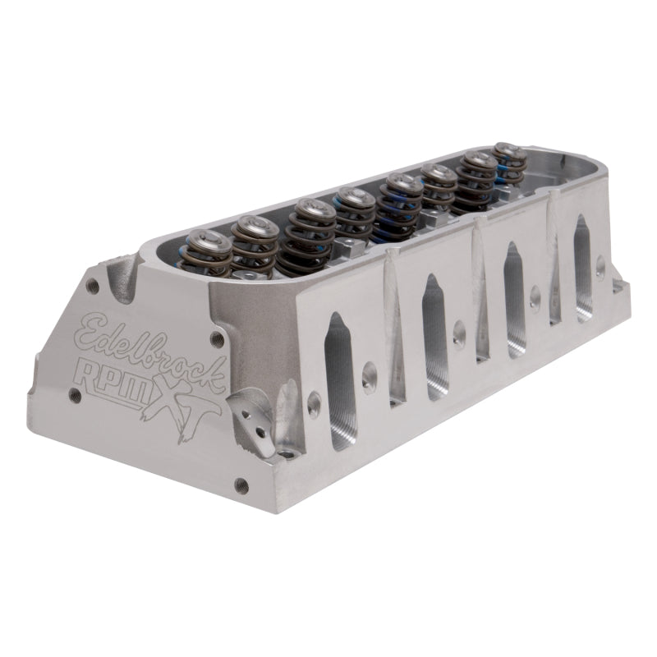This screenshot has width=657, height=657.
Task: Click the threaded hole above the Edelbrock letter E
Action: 95,287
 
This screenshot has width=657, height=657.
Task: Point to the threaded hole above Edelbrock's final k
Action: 217,337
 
